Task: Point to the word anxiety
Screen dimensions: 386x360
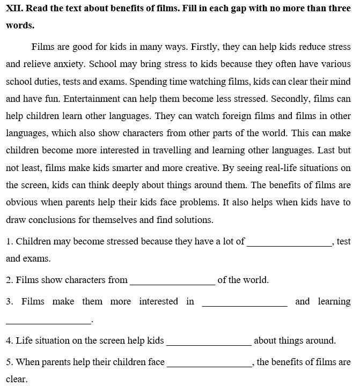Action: [69, 64]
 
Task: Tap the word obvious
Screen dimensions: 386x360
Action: [22, 203]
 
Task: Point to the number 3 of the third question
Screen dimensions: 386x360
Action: [9, 301]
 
